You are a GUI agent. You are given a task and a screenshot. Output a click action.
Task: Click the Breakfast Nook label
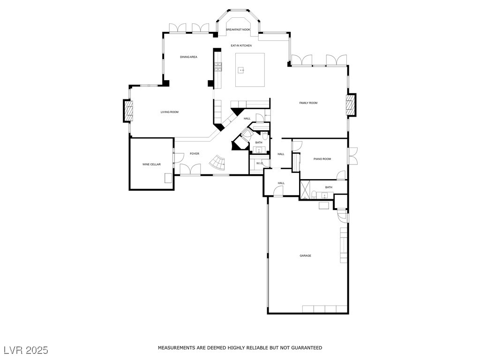pyautogui.click(x=238, y=30)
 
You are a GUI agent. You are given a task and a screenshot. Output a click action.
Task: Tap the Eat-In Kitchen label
pyautogui.click(x=241, y=45)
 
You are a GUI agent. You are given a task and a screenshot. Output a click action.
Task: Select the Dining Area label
pyautogui.click(x=188, y=57)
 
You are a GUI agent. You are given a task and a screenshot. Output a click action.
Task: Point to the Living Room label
pyautogui.click(x=170, y=112)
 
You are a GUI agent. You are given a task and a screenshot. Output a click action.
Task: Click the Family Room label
pyautogui.click(x=308, y=103)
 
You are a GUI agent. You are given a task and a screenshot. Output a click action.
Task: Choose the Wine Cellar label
pyautogui.click(x=151, y=165)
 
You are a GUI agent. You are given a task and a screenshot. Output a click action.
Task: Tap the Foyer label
pyautogui.click(x=195, y=154)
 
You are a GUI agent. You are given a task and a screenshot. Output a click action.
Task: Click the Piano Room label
pyautogui.click(x=322, y=159)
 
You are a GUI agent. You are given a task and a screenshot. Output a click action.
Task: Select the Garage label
pyautogui.click(x=305, y=255)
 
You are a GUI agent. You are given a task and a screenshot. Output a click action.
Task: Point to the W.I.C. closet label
pyautogui.click(x=260, y=164)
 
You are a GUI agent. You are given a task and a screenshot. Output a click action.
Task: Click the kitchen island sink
pyautogui.click(x=242, y=70)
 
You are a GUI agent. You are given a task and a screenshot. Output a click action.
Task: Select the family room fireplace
pyautogui.click(x=351, y=105)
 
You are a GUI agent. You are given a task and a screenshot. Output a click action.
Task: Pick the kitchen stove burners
pyautogui.click(x=218, y=67)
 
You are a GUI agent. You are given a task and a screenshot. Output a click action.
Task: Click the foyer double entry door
pyautogui.click(x=190, y=170)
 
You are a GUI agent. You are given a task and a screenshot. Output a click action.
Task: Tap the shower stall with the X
pyautogui.click(x=305, y=190)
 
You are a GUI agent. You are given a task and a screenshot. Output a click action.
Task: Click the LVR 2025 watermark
pyautogui.click(x=26, y=350)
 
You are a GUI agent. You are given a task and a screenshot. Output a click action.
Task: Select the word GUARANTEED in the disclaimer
pyautogui.click(x=307, y=348)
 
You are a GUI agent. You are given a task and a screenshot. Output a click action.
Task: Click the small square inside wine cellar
pyautogui.click(x=168, y=178)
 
